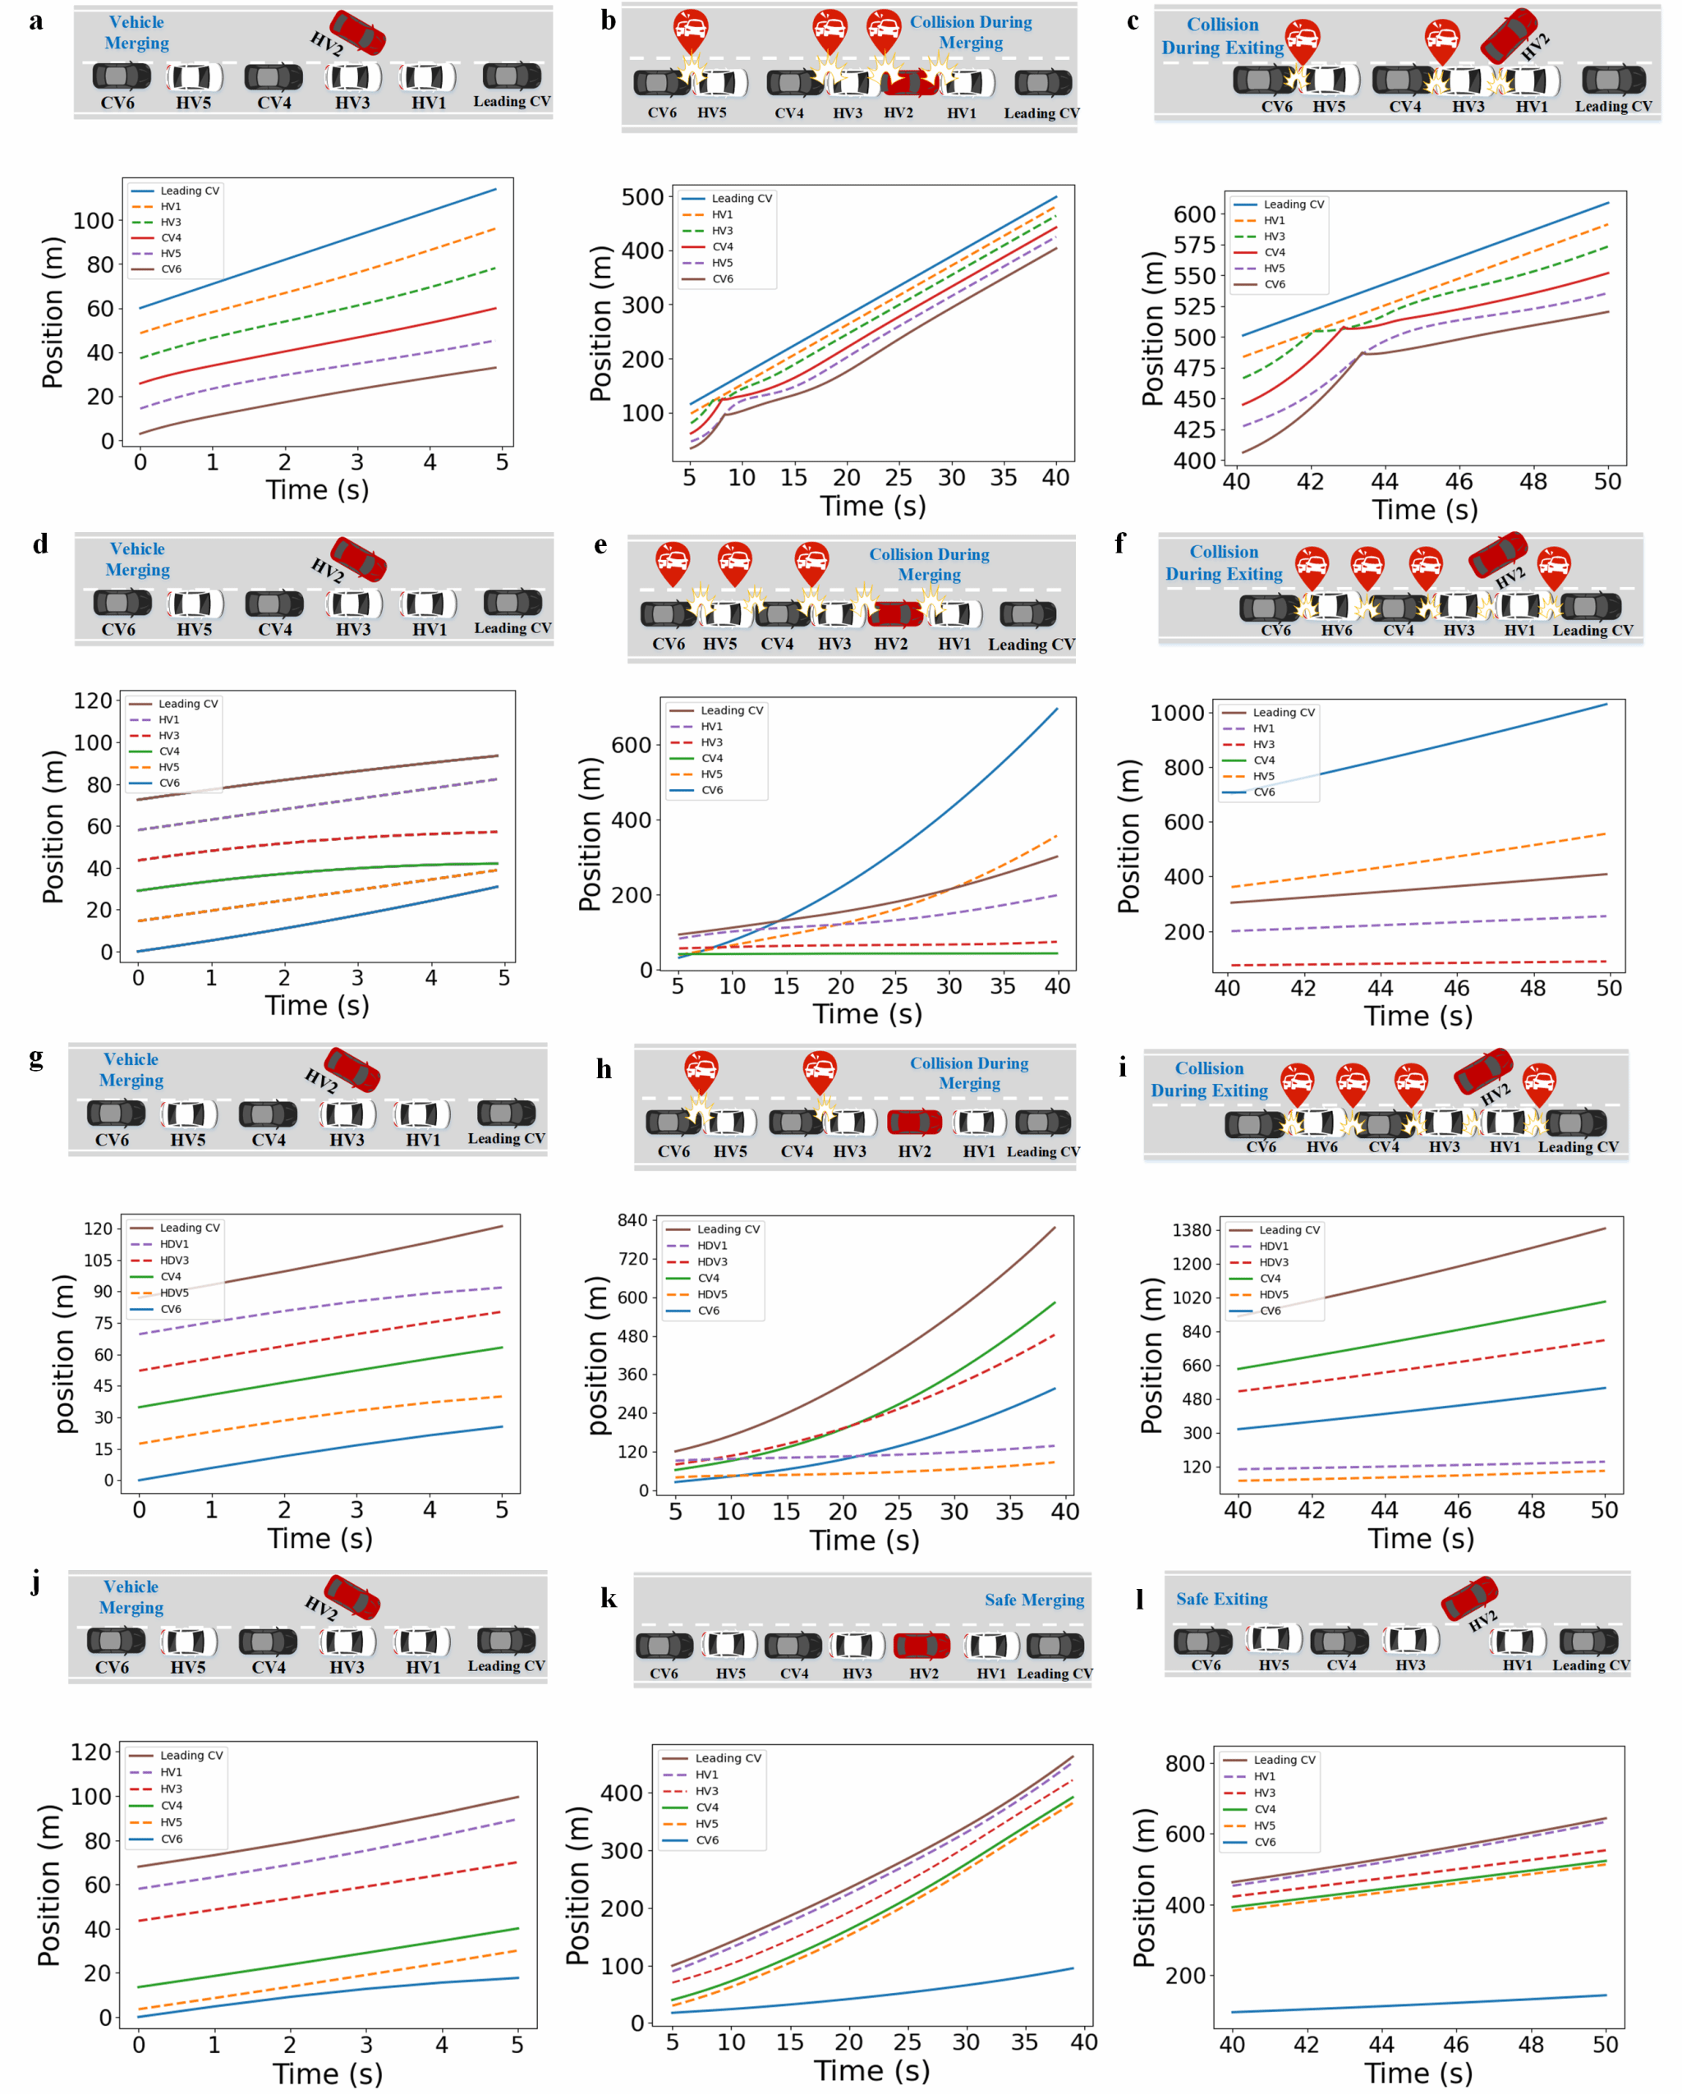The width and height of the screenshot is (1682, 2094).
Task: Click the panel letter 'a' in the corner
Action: pyautogui.click(x=36, y=21)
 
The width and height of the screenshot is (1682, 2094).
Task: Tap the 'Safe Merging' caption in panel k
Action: pyautogui.click(x=1033, y=1600)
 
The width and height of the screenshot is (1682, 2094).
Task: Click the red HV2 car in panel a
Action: pyautogui.click(x=356, y=32)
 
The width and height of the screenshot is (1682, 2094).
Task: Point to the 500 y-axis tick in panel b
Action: pyautogui.click(x=642, y=197)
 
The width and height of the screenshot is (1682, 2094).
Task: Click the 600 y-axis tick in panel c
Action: pyautogui.click(x=1193, y=214)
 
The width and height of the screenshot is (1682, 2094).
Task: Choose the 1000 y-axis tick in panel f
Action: pyautogui.click(x=1177, y=713)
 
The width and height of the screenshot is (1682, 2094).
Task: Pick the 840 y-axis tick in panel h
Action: pyautogui.click(x=632, y=1221)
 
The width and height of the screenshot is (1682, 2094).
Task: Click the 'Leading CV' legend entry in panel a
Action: pyautogui.click(x=190, y=191)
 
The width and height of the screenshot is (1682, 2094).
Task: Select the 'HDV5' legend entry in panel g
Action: pyautogui.click(x=174, y=1293)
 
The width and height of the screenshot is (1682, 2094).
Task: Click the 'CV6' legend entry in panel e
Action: pyautogui.click(x=712, y=791)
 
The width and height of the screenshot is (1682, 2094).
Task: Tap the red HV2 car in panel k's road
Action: pyautogui.click(x=921, y=1646)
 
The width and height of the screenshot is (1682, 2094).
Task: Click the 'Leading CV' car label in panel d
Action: pyautogui.click(x=512, y=628)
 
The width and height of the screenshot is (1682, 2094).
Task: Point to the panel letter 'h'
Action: pyautogui.click(x=604, y=1069)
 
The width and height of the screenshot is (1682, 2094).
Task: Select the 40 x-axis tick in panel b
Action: pyautogui.click(x=1055, y=478)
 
